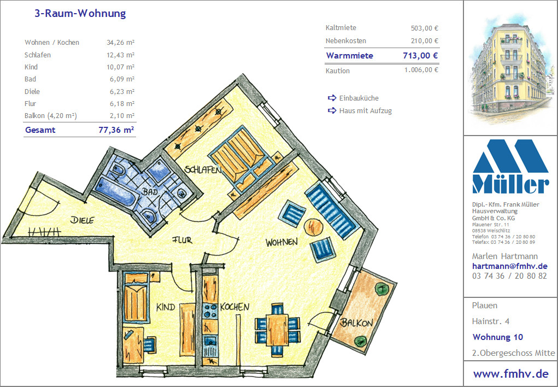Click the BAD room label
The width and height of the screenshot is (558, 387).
coord(150,191)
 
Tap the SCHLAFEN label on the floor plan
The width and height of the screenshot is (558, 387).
coord(203,169)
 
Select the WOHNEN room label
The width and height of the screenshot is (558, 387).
coord(281,243)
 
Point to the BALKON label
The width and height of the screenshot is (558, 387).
coord(356,322)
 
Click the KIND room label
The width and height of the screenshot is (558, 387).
coord(166,307)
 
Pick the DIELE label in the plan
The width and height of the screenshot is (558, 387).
coord(82,220)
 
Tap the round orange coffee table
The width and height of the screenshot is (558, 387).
coord(314,226)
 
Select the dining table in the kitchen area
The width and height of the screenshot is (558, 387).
coord(278,330)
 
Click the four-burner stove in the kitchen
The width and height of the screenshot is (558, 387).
coord(210,311)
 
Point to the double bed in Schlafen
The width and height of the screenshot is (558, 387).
coord(242,158)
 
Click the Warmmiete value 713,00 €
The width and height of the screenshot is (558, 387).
coord(420,56)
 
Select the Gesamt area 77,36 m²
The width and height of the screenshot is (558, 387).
coord(116,130)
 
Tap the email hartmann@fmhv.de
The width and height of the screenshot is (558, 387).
coord(509,266)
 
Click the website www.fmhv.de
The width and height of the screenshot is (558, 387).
coord(510,373)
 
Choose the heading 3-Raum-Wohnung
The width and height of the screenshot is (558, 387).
coord(80,14)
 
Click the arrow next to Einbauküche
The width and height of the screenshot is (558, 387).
coord(332,98)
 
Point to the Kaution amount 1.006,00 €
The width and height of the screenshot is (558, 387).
coord(421,70)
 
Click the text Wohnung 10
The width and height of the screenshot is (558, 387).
coord(498,337)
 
